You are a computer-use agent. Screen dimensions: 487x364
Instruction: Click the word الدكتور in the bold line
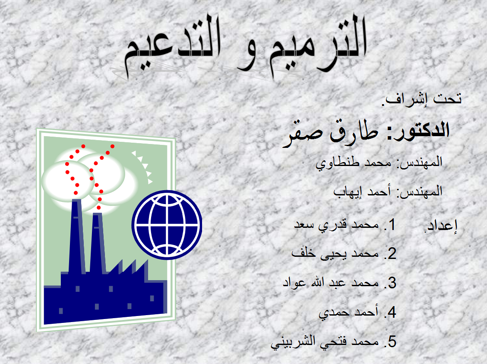click(x=418, y=130)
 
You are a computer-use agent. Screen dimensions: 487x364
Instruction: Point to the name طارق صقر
click(x=330, y=133)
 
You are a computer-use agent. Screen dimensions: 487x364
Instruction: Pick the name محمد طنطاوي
click(x=354, y=163)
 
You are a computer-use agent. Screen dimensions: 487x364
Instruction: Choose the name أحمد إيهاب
click(x=362, y=192)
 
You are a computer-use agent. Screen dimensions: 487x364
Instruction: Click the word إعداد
click(x=441, y=226)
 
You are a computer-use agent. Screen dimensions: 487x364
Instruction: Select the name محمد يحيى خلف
click(x=335, y=254)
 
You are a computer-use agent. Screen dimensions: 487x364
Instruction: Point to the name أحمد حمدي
click(x=348, y=312)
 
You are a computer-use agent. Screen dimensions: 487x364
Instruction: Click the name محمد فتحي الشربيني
click(x=325, y=342)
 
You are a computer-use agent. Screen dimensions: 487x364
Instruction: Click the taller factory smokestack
click(x=76, y=236)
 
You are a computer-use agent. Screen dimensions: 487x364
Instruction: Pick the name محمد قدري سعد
click(x=336, y=225)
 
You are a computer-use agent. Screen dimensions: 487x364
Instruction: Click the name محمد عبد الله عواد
click(x=331, y=283)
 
